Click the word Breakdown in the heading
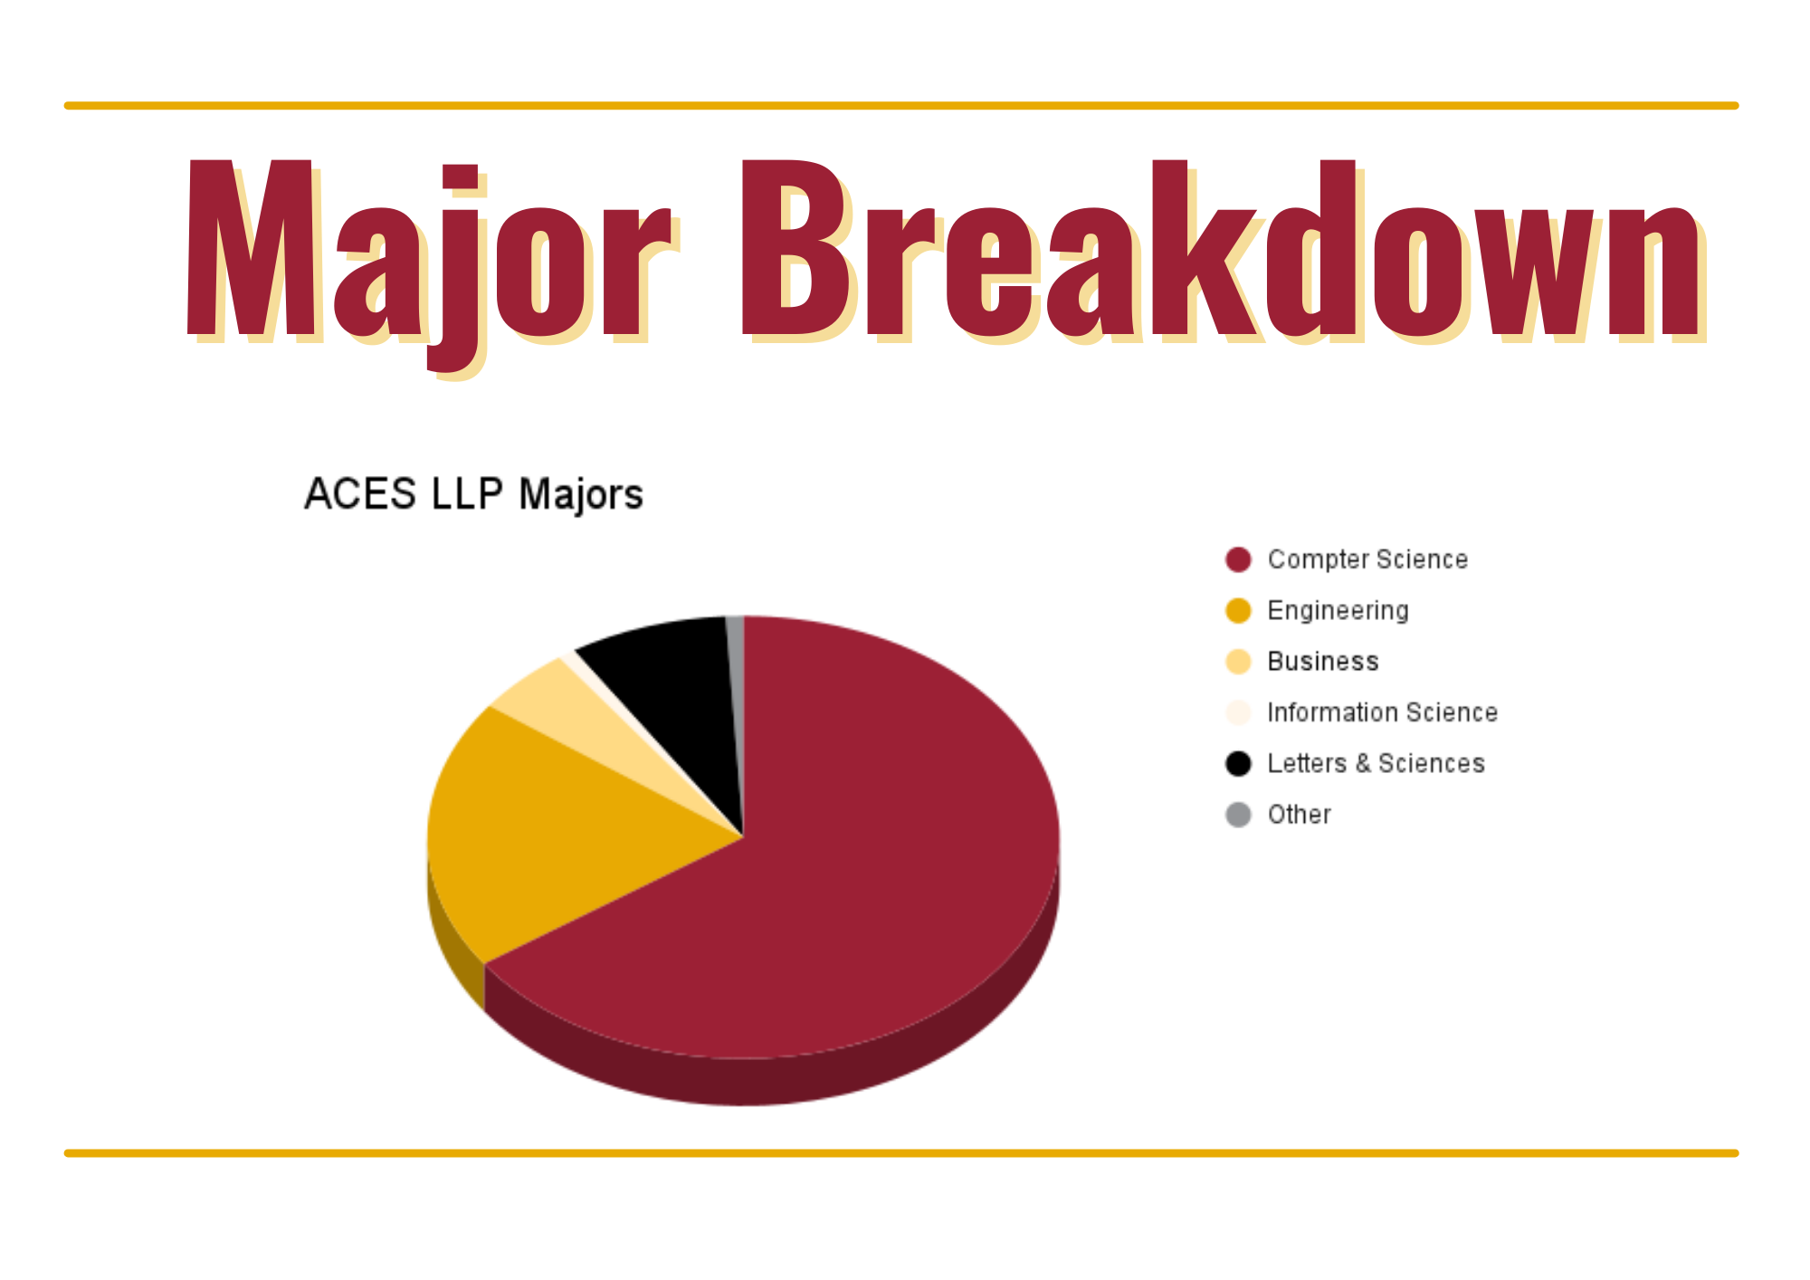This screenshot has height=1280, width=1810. [1222, 249]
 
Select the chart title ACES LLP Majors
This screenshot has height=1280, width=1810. [473, 494]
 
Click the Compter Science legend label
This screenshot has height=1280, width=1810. [1367, 559]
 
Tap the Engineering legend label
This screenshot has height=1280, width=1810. [1338, 611]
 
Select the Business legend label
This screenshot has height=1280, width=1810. [1323, 662]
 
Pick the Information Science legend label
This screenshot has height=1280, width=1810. [1382, 712]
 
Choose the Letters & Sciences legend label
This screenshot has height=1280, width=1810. [1376, 764]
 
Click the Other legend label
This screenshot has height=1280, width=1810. [1299, 815]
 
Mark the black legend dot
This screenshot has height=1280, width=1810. [1238, 764]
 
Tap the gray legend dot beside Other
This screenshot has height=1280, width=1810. [1238, 815]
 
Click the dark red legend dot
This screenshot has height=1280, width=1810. [1238, 559]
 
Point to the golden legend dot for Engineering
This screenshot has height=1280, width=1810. [1238, 611]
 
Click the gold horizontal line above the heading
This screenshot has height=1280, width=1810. [901, 106]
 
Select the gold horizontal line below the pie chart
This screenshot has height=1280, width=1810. [901, 1153]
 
